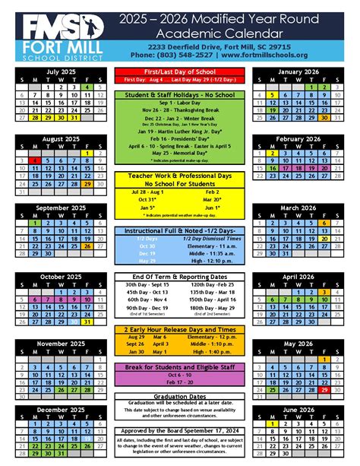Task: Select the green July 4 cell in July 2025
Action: tap(87, 87)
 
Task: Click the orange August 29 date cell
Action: tap(87, 183)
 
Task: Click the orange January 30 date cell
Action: tap(324, 117)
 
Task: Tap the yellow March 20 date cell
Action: tap(324, 238)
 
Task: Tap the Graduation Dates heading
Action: tap(179, 395)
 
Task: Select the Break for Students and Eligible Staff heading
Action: tap(179, 367)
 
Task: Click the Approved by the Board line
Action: tap(179, 430)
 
